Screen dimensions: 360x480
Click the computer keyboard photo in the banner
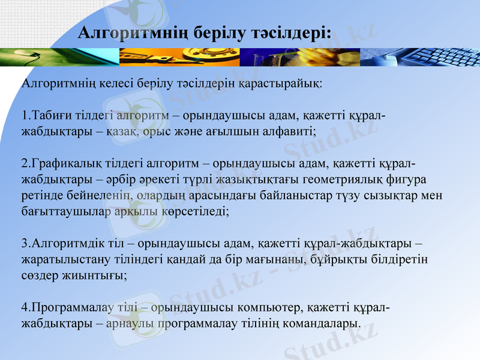pyautogui.click(x=420, y=57)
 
